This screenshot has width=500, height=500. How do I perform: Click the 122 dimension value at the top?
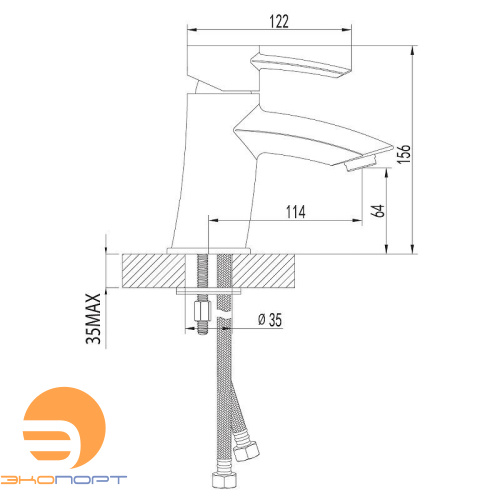279,21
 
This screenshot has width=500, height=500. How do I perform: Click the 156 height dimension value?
403,154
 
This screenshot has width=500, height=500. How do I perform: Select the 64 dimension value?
378,211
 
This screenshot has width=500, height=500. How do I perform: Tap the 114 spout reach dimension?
295,212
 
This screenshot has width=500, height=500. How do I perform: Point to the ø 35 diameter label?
270,320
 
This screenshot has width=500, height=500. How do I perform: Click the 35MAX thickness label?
93,319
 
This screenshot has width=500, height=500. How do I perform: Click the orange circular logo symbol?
64,428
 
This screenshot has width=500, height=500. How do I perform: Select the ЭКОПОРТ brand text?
63,479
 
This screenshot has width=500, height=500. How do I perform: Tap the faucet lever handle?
301,66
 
